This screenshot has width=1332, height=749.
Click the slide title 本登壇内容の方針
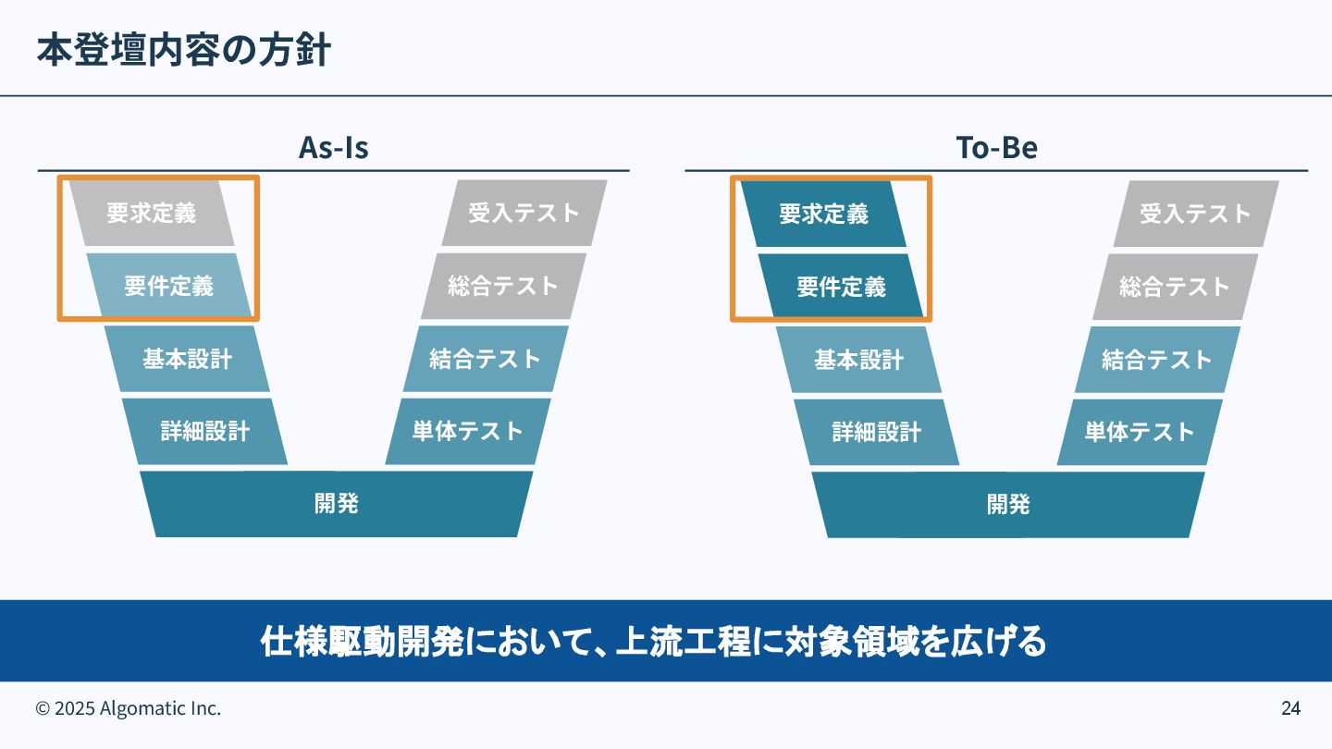tap(183, 51)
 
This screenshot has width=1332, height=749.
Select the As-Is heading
tap(333, 148)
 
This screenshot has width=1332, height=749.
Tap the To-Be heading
tap(996, 148)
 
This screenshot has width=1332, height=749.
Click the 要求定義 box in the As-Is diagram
tap(152, 214)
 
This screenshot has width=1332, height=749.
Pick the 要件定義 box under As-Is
tap(169, 287)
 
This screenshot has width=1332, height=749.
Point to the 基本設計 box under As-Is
tap(187, 359)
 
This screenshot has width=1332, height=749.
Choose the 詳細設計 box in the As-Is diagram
tap(204, 431)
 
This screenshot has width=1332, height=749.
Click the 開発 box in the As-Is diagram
tap(337, 504)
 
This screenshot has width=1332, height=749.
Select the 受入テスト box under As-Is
tap(524, 214)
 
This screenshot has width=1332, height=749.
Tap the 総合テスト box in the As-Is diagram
tap(504, 287)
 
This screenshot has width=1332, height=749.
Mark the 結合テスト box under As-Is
tap(486, 359)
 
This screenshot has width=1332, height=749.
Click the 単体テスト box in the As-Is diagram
tap(468, 431)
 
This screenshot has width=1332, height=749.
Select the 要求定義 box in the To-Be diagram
tap(823, 215)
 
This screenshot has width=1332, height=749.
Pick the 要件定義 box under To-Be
tap(841, 287)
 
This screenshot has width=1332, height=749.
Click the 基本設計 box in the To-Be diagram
tap(858, 359)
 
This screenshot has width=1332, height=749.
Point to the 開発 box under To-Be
tap(1008, 504)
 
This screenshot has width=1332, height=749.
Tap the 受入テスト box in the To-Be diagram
tap(1195, 214)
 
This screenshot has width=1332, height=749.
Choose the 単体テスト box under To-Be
tap(1140, 431)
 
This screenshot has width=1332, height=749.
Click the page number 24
tap(1290, 709)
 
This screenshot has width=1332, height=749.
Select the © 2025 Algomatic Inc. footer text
tap(129, 709)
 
